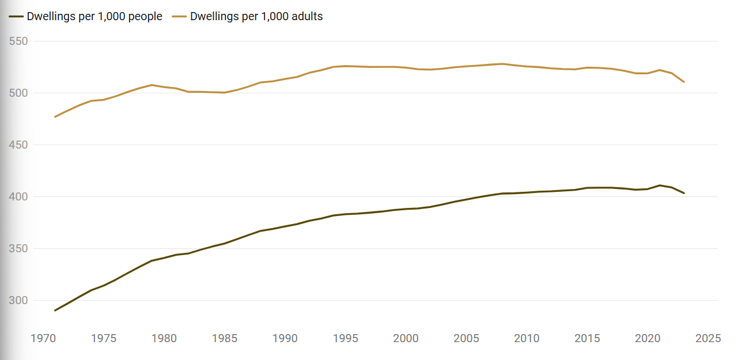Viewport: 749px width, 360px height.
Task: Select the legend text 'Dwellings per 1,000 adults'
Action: pos(256,17)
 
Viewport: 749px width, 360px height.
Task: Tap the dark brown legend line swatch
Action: pos(16,17)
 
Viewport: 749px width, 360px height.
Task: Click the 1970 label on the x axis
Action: pos(43,339)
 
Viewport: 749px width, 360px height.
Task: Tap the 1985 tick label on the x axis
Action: pos(225,339)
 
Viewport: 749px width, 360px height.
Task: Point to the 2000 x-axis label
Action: pos(406,339)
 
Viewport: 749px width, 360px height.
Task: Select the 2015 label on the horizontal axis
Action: pos(587,339)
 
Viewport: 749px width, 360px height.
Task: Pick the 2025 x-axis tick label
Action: pos(708,339)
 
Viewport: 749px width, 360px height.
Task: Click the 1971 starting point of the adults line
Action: pos(55,117)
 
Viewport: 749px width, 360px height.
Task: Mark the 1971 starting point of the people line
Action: pos(55,310)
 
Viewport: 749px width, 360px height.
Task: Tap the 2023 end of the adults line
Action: pos(684,82)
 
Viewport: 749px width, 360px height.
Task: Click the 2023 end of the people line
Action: pos(684,193)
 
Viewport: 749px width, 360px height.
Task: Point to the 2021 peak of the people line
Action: pos(660,185)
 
